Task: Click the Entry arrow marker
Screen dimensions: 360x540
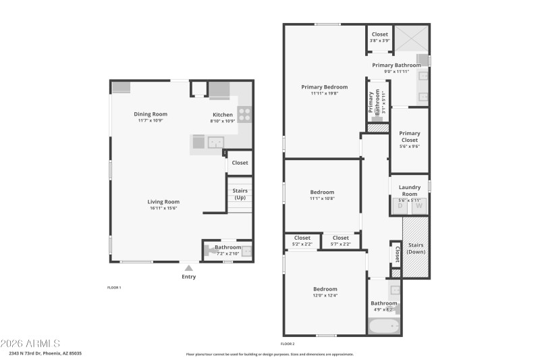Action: tap(188, 268)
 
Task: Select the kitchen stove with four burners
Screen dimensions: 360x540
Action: tap(244, 114)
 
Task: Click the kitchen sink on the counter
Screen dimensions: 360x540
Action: tap(215, 142)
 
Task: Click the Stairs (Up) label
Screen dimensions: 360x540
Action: tap(240, 194)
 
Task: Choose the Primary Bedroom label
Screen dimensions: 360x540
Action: tap(324, 87)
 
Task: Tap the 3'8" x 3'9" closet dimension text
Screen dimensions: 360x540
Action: tap(379, 41)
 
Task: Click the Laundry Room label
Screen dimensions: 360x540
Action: tap(409, 190)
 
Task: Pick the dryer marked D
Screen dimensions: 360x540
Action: tap(400, 206)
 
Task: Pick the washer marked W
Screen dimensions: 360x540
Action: tap(418, 206)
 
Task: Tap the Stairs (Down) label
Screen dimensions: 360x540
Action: tap(416, 248)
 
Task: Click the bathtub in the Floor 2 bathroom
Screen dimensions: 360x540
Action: tap(384, 326)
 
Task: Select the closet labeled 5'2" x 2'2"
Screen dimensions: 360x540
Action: tap(302, 240)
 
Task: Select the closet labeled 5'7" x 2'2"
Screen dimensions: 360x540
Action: tap(341, 240)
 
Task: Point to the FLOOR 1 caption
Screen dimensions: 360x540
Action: tap(114, 288)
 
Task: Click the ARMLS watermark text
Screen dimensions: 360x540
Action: tap(30, 344)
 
